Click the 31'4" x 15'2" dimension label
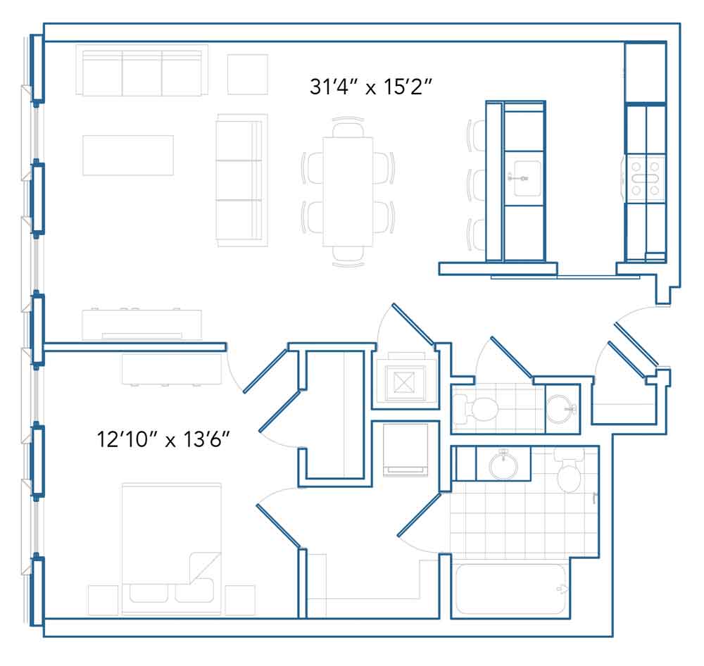pos(371,87)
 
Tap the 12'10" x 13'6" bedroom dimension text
pos(163,439)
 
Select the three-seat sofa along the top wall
pos(142,70)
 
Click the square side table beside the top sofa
pos(247,75)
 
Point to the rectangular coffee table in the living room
pos(128,156)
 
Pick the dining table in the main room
pos(348,191)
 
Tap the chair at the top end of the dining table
pos(348,127)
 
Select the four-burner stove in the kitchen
pos(646,178)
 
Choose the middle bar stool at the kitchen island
pos(476,185)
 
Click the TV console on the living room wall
pos(142,325)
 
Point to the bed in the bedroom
pos(171,549)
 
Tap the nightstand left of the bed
pos(103,600)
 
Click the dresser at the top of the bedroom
pos(172,369)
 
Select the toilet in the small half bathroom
pos(475,408)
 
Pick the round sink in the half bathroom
pos(562,408)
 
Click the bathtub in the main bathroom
pos(510,589)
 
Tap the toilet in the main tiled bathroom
pos(570,470)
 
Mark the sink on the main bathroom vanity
pos(503,465)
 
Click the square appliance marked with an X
pos(405,383)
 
